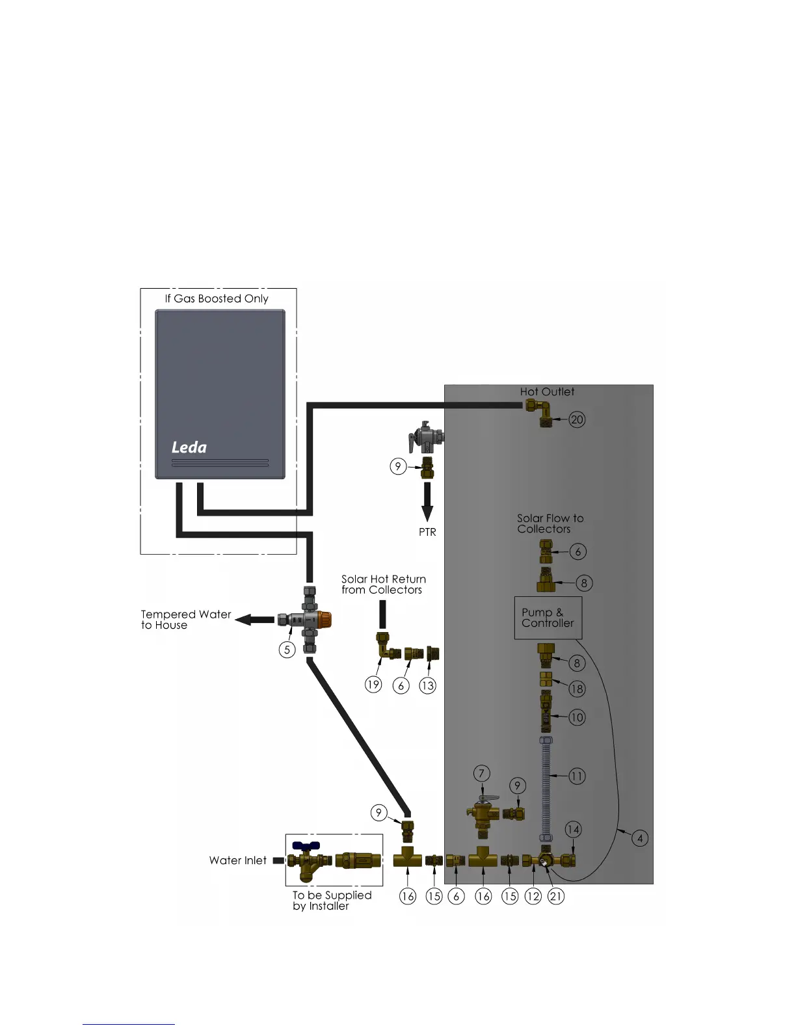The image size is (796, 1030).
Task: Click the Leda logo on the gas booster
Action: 189,447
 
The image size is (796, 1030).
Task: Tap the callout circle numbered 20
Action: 577,419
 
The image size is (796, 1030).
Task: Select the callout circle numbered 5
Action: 287,650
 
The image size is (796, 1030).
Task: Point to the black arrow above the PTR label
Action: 427,502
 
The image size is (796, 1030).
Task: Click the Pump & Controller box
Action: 548,618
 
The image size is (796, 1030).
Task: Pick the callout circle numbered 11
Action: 577,776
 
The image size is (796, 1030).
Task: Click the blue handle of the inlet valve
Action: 306,846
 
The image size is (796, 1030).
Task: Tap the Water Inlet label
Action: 237,860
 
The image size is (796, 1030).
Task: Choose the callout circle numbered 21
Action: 556,896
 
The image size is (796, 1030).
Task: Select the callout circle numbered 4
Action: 640,838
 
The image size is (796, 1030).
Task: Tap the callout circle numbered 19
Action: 373,685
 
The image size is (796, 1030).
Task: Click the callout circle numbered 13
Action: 427,685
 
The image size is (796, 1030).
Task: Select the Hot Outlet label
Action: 547,391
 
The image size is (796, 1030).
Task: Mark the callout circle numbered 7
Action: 481,773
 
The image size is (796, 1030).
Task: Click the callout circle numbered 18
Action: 577,689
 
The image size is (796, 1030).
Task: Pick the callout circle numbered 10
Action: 577,717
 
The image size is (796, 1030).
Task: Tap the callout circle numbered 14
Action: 573,829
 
